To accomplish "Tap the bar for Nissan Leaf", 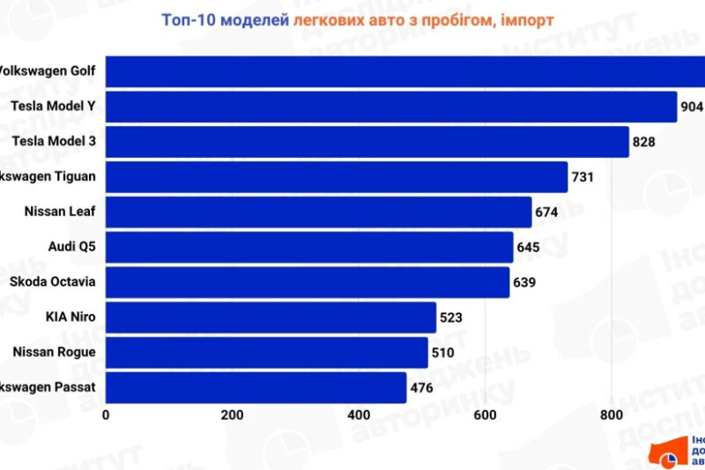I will coord(318,212).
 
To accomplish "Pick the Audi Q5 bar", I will coord(308,247).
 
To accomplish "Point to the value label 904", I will coord(692,107).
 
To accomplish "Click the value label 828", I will coord(645,141).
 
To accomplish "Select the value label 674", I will coord(547,212).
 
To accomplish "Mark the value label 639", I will coord(525,282).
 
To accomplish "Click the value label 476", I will coord(422,388).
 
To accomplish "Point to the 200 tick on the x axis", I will coord(232,415).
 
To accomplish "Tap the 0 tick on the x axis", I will coord(106,415).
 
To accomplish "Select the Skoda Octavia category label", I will coord(52,282).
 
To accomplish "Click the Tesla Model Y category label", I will coord(53,107).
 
